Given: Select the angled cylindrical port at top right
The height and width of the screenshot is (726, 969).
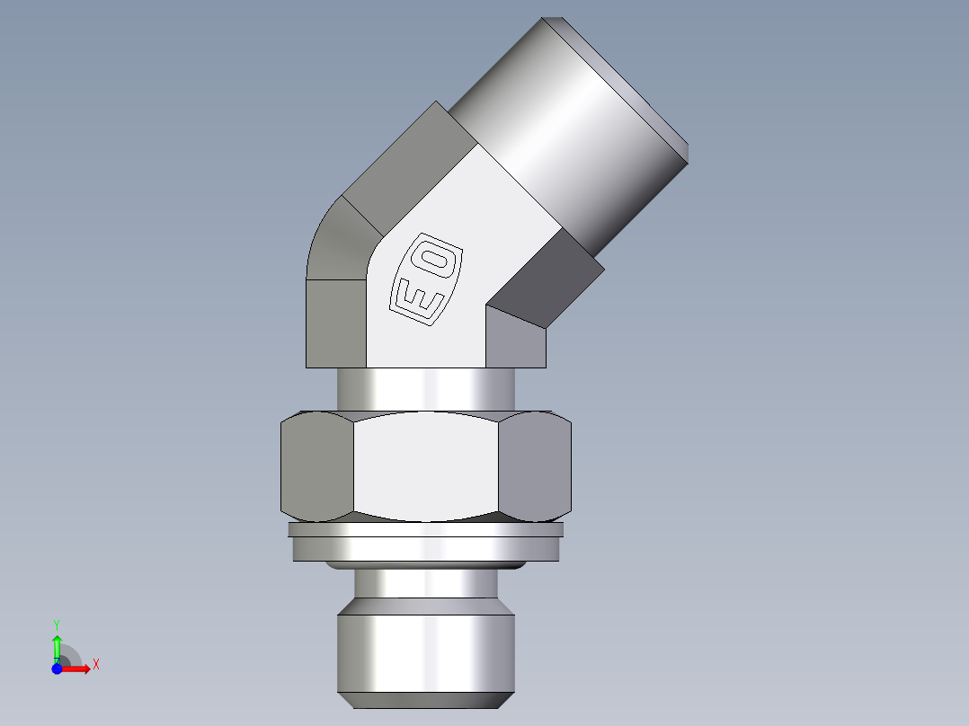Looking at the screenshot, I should pos(575,117).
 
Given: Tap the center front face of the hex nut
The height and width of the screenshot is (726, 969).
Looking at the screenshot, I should pos(425,467).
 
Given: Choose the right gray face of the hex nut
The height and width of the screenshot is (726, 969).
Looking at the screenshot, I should pos(535,467).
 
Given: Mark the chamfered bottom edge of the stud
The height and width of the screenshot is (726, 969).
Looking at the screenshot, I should pos(425,700).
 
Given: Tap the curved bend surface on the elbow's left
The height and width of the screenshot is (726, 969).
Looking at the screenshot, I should pos(337,243).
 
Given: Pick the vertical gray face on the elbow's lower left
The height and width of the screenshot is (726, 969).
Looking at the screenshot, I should pos(335,323).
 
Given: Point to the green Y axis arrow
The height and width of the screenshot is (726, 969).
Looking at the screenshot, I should pos(57,645).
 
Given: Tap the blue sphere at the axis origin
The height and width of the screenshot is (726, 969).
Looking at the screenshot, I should pos(57,668).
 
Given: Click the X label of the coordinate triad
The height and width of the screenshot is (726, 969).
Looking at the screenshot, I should pos(96,665).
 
